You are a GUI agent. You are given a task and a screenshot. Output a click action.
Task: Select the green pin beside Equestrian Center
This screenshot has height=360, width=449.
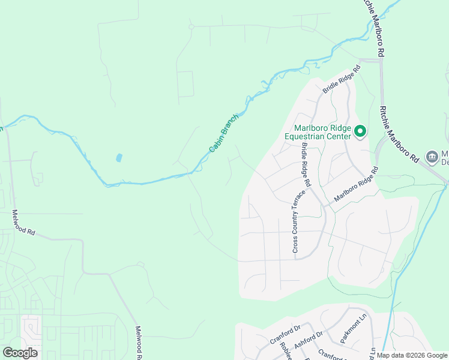(x=360, y=131)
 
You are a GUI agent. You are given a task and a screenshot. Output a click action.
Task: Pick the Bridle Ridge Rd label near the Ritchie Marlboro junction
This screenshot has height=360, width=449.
(x=342, y=79)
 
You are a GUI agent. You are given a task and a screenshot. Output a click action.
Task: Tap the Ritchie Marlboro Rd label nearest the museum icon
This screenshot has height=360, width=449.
(x=400, y=134)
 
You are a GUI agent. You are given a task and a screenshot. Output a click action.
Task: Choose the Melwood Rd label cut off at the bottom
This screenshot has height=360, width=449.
(x=139, y=343)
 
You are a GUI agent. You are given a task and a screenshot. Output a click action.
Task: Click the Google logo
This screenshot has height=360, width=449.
(x=20, y=353)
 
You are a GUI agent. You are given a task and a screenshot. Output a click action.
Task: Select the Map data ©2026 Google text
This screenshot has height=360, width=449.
(x=412, y=356)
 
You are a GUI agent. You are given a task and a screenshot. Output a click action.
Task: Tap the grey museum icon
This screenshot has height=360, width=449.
(x=432, y=157)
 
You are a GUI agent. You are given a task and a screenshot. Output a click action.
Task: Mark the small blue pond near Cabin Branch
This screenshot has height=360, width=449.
(x=119, y=158)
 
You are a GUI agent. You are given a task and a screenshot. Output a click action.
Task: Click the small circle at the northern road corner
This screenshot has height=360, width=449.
(x=191, y=26)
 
